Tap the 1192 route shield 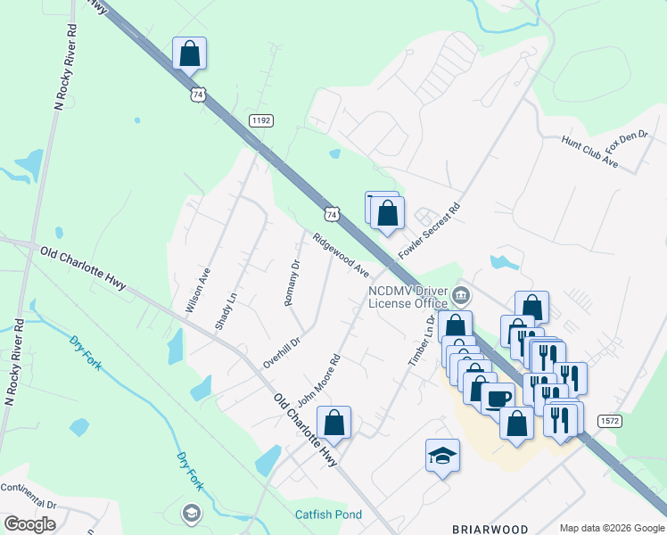point(260,120)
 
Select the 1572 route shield point(609,420)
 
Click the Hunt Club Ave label point(589,152)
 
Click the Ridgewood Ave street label point(341,255)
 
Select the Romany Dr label point(292,283)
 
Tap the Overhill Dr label point(283,351)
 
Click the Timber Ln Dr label point(420,341)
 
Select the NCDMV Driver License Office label point(409,297)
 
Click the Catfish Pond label point(329,514)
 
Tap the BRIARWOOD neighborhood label point(490,529)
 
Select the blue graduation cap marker point(442,456)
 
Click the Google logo point(29,524)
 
